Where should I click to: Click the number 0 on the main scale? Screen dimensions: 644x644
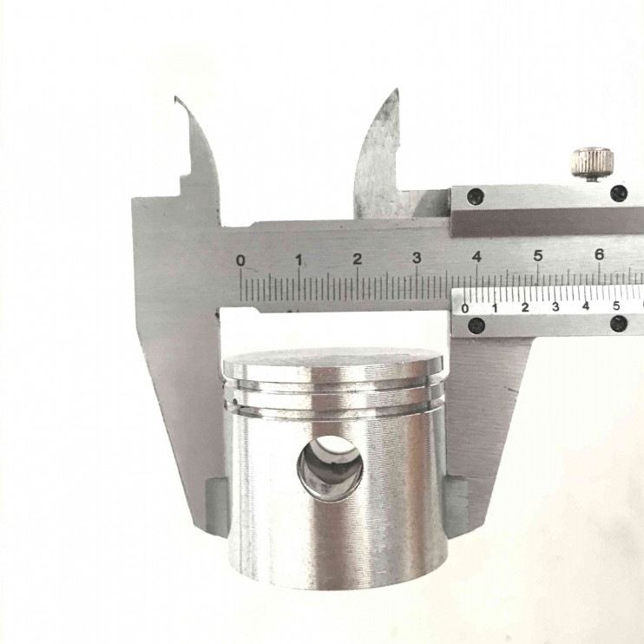click(241, 260)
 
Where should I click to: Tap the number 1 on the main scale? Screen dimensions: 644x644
click(299, 260)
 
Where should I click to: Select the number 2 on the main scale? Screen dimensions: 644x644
click(358, 259)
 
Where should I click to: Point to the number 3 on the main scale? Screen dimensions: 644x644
click(417, 258)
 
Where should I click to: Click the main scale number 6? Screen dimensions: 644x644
click(599, 254)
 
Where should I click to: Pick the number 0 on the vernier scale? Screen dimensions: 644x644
click(465, 308)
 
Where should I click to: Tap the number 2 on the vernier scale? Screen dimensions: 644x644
click(525, 307)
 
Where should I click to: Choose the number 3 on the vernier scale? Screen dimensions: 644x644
click(555, 306)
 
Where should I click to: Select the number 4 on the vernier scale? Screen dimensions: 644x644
click(586, 306)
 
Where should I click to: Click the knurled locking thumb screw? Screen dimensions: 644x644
click(593, 163)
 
